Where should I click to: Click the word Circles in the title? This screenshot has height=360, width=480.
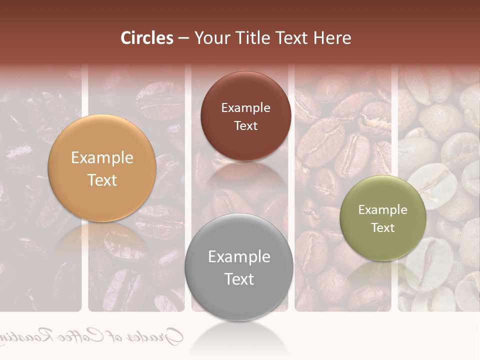point(147,38)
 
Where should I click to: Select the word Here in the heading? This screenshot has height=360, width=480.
point(332,38)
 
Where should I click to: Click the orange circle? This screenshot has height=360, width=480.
point(102,168)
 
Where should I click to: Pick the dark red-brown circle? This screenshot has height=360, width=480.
point(245,116)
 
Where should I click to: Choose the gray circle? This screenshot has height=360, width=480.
point(239,267)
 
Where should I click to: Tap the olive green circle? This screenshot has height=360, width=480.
point(383,218)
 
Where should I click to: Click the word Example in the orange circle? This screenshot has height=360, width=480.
point(102,158)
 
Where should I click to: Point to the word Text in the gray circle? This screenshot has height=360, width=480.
point(239,279)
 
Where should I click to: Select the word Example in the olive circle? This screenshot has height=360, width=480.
point(383,210)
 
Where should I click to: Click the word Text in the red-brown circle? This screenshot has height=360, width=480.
point(245,126)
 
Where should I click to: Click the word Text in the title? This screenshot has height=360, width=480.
point(291,38)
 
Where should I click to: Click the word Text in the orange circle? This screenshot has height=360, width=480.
point(102,180)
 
